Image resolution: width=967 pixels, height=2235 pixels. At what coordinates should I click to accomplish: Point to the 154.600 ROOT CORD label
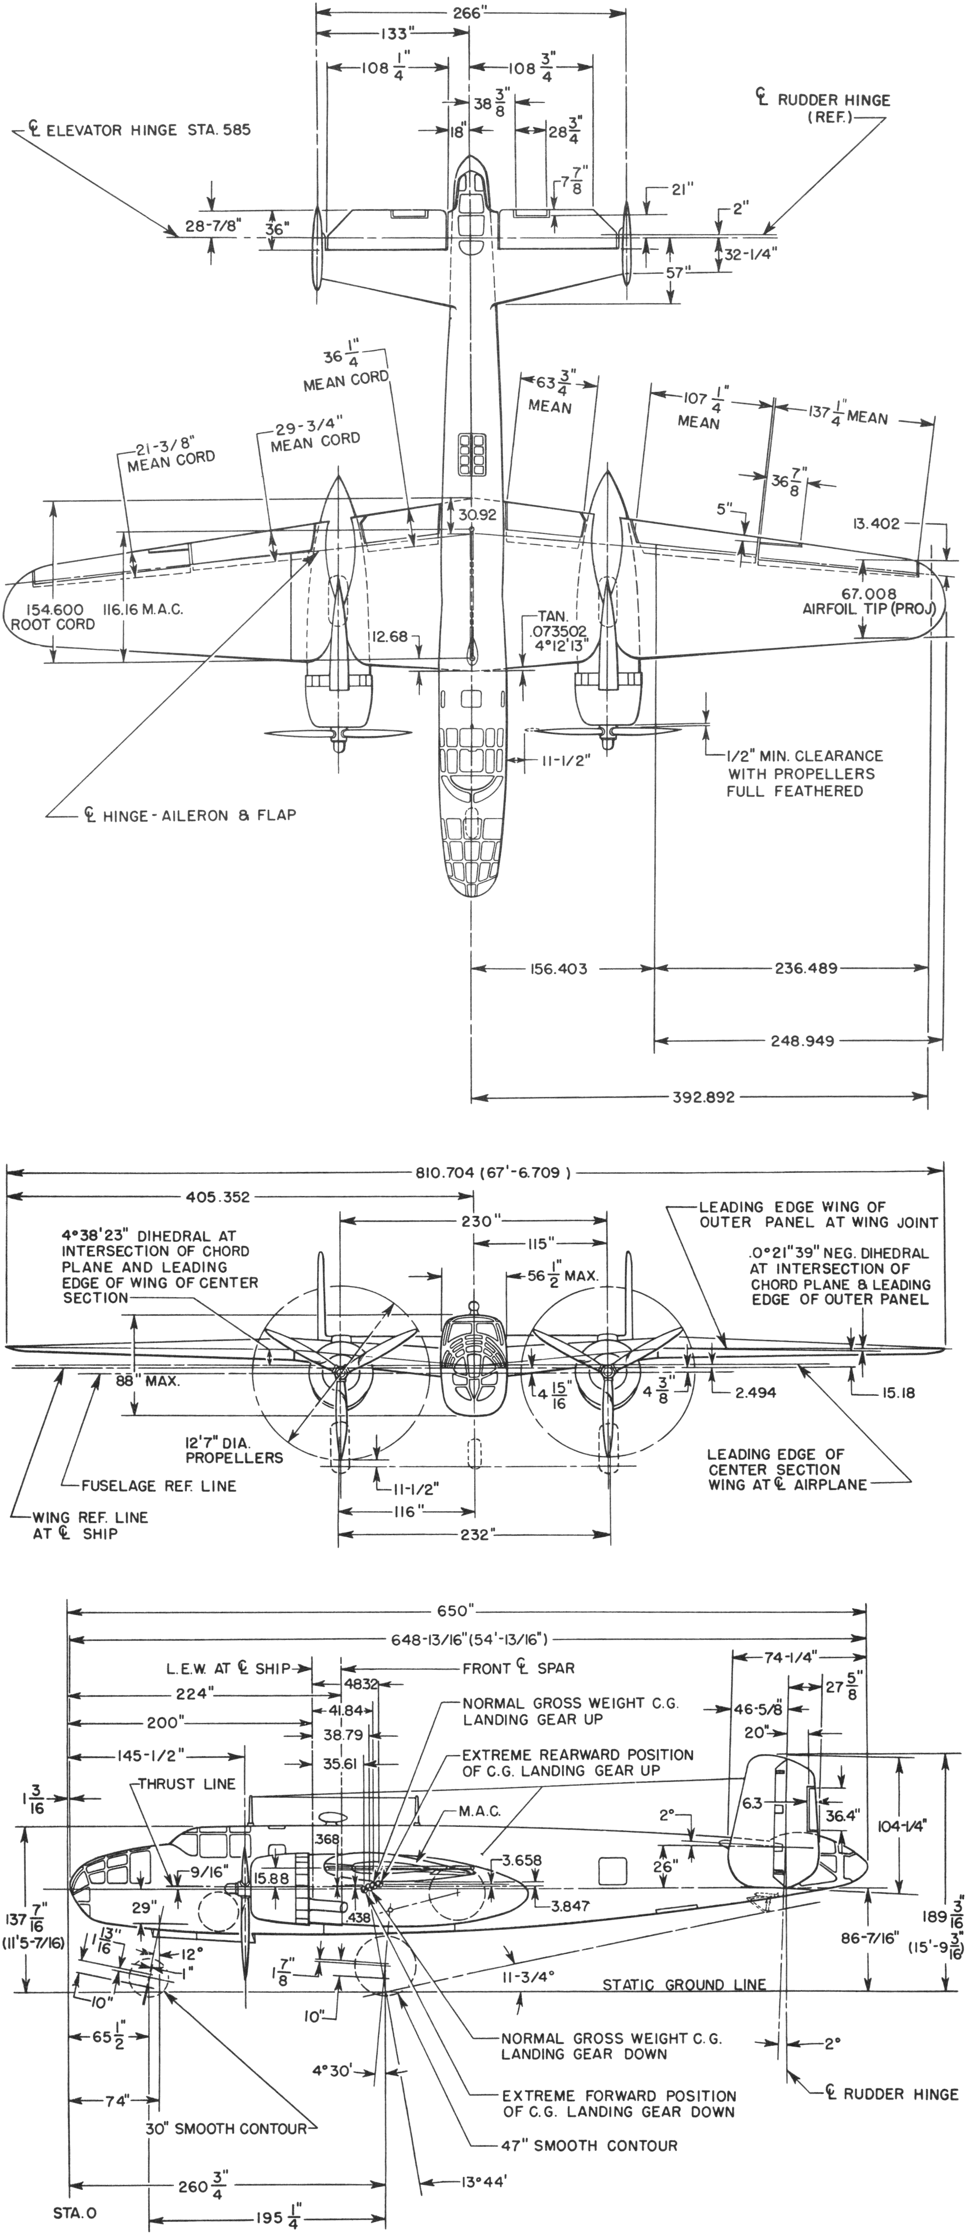[x=52, y=616]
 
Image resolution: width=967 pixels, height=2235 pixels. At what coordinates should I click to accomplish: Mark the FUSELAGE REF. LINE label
[x=159, y=1486]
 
